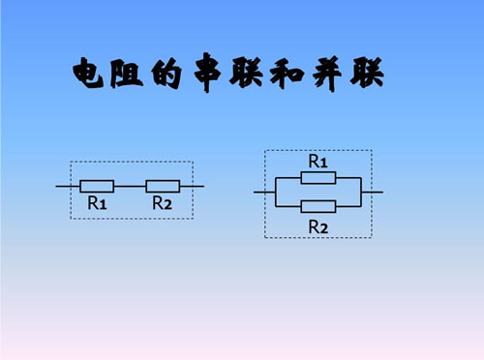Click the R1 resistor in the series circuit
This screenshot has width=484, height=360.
click(x=97, y=185)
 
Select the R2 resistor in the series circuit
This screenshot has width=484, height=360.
click(x=163, y=185)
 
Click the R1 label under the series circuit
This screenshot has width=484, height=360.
click(x=97, y=203)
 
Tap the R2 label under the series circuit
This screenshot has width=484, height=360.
click(x=162, y=203)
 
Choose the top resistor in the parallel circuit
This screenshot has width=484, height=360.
click(x=318, y=177)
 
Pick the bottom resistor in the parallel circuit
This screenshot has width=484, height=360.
click(x=318, y=206)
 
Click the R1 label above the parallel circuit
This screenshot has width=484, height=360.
click(x=318, y=160)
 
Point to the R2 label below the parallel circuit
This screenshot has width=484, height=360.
click(x=318, y=225)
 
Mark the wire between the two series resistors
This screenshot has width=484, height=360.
click(x=130, y=185)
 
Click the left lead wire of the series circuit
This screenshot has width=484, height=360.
click(x=67, y=185)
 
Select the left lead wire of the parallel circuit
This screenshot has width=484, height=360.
click(x=264, y=192)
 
